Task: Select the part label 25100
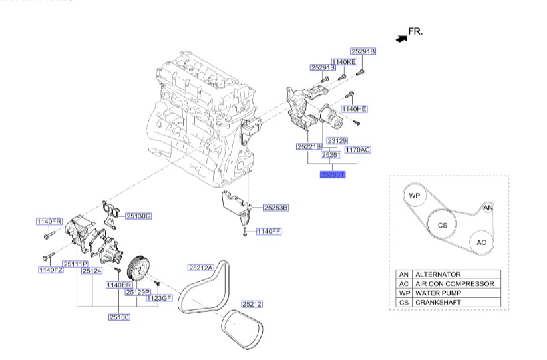coord(119,317)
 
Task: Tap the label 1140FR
coord(49,221)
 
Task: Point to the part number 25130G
coord(139,216)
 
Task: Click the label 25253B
coord(275,208)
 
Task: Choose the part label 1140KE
coord(344,62)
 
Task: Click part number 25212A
coord(200,268)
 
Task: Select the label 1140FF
coord(270,232)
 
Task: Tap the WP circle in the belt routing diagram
coord(414,196)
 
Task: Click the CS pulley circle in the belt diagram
coord(442,226)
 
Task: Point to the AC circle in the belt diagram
coord(481,243)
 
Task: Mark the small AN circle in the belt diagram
coord(488,208)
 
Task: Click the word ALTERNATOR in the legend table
coord(437,274)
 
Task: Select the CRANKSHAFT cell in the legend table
coord(439,302)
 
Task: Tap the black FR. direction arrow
coord(401,39)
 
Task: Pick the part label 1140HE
coord(355,108)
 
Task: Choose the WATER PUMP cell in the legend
coord(438,293)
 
